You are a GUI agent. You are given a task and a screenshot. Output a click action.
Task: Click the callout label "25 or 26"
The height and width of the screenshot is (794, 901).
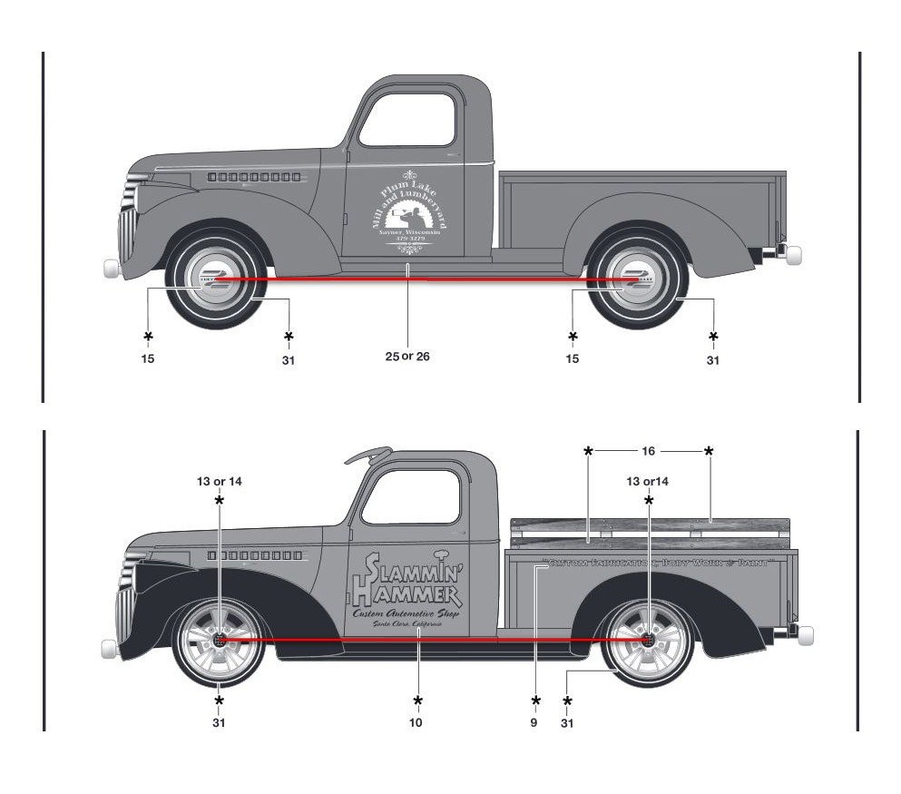pos(407,357)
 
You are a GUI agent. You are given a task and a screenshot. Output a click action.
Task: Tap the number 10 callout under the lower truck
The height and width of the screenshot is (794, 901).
pos(416,723)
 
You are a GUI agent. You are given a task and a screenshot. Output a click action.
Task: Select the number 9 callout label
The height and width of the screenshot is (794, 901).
pos(534,723)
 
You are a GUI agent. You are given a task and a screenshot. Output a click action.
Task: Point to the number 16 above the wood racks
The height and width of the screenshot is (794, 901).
pos(648,450)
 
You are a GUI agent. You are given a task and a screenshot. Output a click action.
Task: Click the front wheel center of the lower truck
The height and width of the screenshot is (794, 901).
pos(219,639)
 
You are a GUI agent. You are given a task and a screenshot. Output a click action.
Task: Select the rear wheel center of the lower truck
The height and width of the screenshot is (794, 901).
pos(648,640)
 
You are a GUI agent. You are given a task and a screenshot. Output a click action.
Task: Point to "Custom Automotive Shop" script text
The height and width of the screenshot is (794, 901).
pos(408,614)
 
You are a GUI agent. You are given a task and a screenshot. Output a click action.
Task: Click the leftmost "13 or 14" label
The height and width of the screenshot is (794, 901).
pos(219,481)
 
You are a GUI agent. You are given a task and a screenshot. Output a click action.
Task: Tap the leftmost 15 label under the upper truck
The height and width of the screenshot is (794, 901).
pos(148,358)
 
